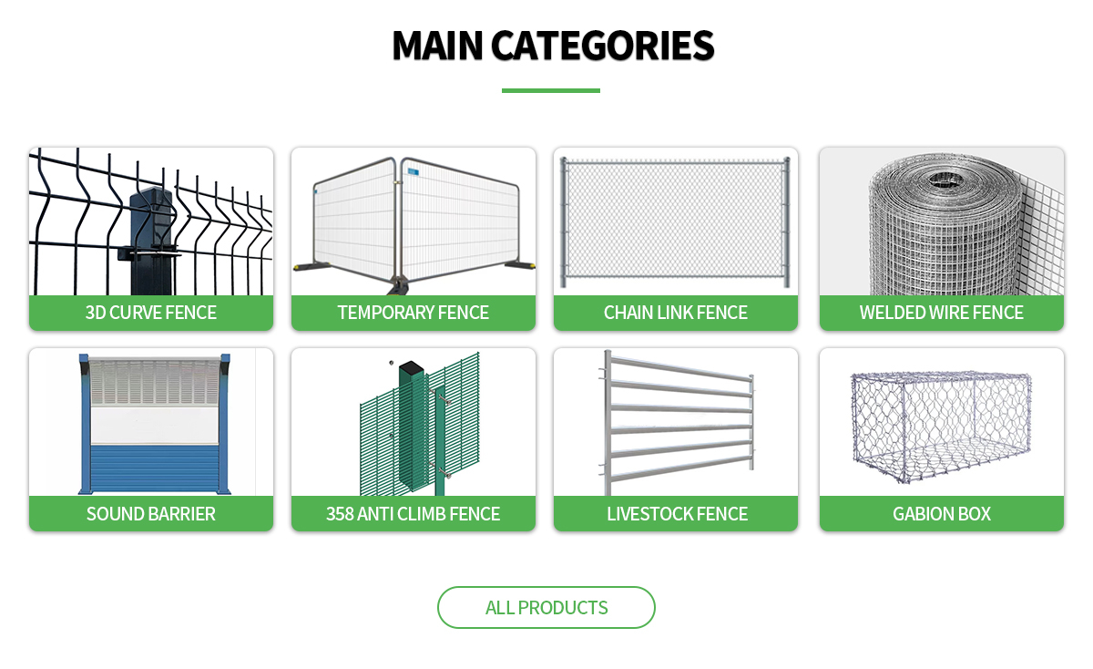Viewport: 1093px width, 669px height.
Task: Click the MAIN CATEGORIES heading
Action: (552, 46)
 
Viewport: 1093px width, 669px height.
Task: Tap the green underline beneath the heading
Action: (550, 90)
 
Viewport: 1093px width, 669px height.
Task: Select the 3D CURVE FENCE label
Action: (151, 313)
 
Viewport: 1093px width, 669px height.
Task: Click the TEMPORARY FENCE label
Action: (414, 313)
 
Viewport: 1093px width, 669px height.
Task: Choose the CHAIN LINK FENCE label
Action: (676, 313)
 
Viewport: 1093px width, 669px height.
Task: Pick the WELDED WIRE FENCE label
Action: (942, 313)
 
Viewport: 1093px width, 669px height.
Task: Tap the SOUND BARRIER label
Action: (151, 514)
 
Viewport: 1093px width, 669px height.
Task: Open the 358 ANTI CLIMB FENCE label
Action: (414, 514)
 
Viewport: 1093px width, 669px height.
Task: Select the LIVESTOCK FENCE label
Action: (676, 514)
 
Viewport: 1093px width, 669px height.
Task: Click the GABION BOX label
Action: (942, 514)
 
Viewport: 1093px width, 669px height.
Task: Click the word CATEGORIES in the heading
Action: (602, 46)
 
